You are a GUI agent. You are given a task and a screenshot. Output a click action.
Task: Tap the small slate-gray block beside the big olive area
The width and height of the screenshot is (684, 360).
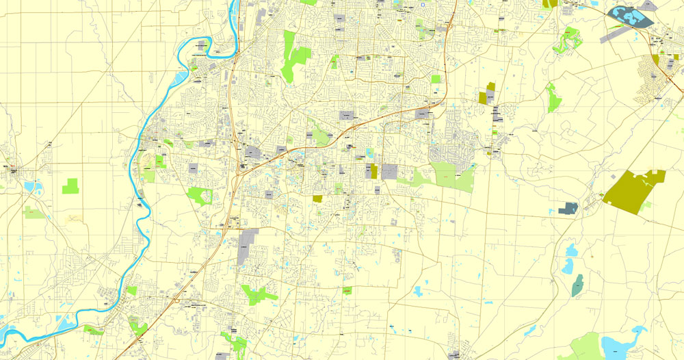tap(568, 207)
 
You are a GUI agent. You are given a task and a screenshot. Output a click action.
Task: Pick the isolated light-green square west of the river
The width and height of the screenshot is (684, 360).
tap(70, 185)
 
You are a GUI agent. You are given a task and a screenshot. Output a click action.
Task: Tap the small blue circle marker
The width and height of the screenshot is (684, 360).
tap(423, 5)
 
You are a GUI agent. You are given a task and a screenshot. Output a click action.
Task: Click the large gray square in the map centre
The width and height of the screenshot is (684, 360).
tap(389, 171)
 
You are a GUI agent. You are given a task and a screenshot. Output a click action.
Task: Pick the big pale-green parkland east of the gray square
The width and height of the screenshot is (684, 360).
tap(451, 176)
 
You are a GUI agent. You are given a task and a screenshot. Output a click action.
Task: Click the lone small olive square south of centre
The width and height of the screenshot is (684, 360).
tap(317, 198)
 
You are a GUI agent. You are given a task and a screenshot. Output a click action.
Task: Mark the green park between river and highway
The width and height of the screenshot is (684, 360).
tap(200, 196)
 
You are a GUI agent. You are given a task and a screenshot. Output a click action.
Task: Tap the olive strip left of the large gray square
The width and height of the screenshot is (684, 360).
tap(373, 171)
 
